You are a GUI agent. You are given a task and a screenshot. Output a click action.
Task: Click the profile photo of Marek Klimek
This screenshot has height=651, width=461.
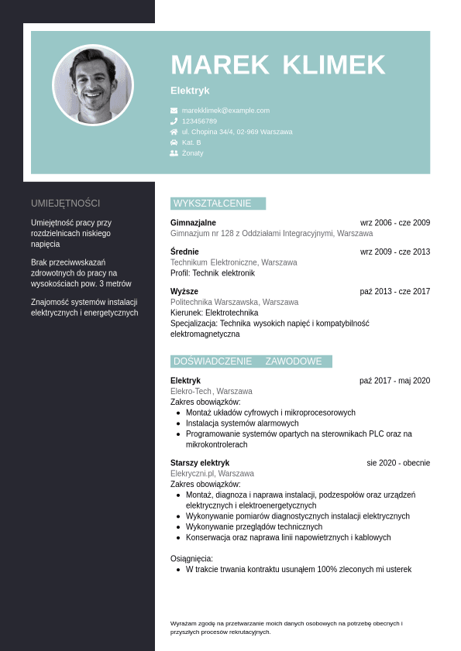tap(93, 85)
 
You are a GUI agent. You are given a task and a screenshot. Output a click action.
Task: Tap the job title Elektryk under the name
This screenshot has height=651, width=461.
tap(190, 91)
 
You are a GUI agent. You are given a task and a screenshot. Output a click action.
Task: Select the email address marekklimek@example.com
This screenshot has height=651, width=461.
tap(225, 111)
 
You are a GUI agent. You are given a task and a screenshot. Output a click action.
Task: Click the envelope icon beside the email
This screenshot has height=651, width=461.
tap(174, 111)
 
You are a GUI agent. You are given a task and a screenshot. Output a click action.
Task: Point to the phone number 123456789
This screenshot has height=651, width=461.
tap(199, 122)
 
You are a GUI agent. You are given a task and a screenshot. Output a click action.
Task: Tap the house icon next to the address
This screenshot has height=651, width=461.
tap(174, 132)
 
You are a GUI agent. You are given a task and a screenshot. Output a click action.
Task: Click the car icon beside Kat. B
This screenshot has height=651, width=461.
tap(174, 142)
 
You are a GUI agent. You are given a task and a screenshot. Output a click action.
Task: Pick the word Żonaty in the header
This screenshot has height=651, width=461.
tap(193, 153)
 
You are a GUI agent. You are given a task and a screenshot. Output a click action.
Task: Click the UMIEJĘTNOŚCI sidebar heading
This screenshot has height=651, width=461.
tap(66, 204)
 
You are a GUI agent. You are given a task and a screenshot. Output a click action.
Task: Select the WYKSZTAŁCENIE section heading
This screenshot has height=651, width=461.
tap(212, 204)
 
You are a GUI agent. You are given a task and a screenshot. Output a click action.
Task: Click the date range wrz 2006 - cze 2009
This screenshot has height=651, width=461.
tap(395, 223)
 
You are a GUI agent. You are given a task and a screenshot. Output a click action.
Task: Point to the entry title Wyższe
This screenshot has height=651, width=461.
tap(184, 292)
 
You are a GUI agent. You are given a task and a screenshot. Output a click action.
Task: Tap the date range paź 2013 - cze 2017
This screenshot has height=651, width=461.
tap(395, 292)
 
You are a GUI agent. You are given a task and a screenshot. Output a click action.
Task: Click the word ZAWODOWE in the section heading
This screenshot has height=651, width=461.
tap(294, 361)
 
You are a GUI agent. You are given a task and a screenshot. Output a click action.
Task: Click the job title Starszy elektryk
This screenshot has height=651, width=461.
tap(200, 463)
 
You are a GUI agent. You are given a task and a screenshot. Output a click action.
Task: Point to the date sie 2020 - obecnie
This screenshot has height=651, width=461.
tap(398, 463)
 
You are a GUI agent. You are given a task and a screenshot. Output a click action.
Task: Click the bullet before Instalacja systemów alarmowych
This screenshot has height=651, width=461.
tap(179, 423)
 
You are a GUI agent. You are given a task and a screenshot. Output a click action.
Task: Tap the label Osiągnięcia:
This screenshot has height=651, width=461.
tap(191, 559)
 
